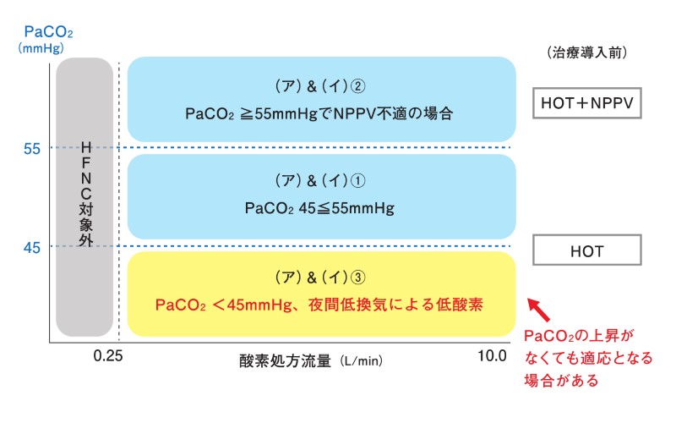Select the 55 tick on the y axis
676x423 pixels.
(x=32, y=149)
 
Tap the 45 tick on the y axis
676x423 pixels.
(x=32, y=247)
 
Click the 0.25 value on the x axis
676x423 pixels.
(x=106, y=355)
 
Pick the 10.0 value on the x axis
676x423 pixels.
(x=492, y=355)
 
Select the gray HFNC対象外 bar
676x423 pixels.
(x=84, y=196)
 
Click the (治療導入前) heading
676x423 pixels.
(x=586, y=52)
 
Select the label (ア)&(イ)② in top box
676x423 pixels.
(x=321, y=87)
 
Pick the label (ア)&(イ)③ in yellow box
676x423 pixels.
(x=321, y=277)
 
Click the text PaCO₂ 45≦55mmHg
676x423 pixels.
(x=321, y=207)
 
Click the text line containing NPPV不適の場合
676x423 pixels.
(x=321, y=113)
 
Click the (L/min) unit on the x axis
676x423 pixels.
(x=362, y=361)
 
